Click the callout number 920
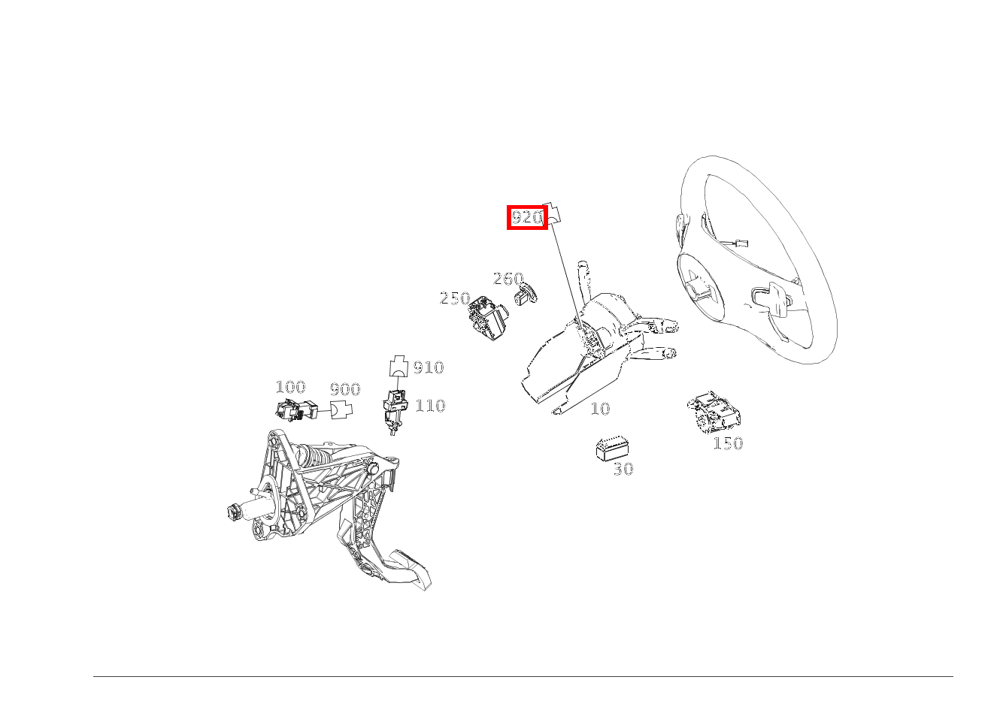527,217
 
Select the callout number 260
508,279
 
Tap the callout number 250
455,298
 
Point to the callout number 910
429,367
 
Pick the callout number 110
430,406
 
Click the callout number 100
291,387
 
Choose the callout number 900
345,390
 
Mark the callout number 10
600,409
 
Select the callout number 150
728,443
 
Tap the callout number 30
623,469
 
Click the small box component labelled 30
612,449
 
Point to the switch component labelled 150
714,412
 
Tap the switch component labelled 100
296,409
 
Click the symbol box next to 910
398,366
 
